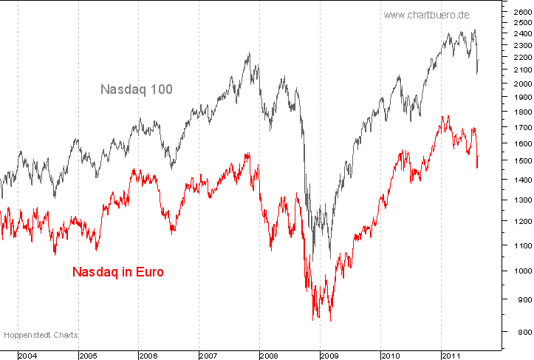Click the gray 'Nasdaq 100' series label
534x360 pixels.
[137, 89]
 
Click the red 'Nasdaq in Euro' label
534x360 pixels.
[118, 271]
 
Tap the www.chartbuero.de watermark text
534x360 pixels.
[428, 14]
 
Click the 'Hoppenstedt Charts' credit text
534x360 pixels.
[41, 335]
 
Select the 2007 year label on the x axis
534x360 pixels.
[209, 356]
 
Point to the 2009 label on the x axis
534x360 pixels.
[330, 356]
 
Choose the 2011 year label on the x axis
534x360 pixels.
[451, 356]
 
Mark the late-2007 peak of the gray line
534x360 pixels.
[249, 52]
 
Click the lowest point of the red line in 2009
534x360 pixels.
[329, 321]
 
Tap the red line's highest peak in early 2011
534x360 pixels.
[446, 116]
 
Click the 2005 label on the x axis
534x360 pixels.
[89, 356]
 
